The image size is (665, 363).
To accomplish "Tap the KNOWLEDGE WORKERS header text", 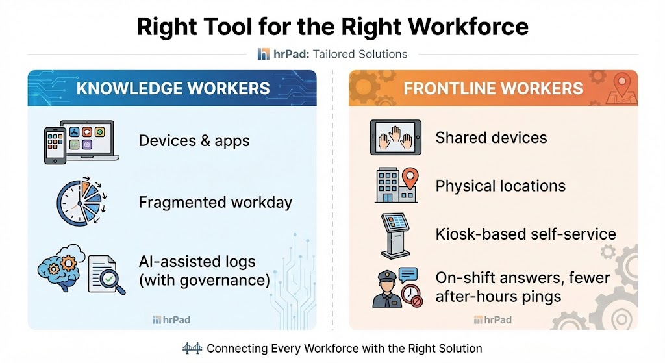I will pyautogui.click(x=173, y=88).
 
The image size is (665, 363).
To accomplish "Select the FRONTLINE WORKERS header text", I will pyautogui.click(x=494, y=88).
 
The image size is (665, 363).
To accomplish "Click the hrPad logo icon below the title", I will pyautogui.click(x=263, y=55).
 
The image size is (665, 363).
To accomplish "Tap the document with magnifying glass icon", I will pyautogui.click(x=104, y=273).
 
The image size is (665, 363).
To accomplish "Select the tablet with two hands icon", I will pyautogui.click(x=395, y=138).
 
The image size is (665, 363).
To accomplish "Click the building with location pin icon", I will pyautogui.click(x=396, y=185).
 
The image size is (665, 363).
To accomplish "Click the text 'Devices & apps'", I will pyautogui.click(x=194, y=141).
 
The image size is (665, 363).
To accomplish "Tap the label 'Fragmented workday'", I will pyautogui.click(x=216, y=202).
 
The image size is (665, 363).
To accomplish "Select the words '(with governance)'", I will pyautogui.click(x=204, y=281).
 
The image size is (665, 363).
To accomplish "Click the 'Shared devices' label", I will pyautogui.click(x=491, y=138).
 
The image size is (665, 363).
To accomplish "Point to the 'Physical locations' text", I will pyautogui.click(x=500, y=186).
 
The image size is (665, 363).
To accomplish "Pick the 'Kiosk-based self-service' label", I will pyautogui.click(x=525, y=234).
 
